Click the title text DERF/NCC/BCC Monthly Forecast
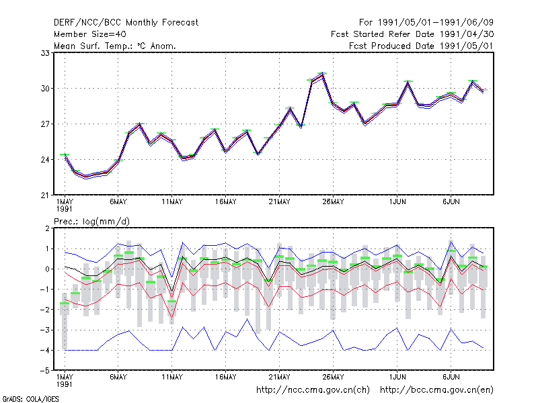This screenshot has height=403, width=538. click(126, 23)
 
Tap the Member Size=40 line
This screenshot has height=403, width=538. click(90, 34)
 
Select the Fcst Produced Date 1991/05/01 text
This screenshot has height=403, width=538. click(421, 46)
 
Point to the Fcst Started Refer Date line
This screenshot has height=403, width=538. click(412, 34)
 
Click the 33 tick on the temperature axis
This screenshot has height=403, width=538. click(45, 53)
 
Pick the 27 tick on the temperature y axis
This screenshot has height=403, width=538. click(45, 124)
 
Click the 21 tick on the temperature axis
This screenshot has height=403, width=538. click(45, 195)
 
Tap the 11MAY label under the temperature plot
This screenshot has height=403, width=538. click(172, 202)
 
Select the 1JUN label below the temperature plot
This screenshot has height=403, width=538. click(397, 202)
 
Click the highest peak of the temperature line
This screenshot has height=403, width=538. click(322, 74)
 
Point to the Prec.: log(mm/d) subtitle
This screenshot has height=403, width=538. click(91, 222)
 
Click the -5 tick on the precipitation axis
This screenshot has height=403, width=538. click(45, 371)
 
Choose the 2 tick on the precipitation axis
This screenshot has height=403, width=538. click(47, 228)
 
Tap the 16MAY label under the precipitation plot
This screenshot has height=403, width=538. click(225, 377)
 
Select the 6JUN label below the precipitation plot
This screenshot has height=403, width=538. click(451, 377)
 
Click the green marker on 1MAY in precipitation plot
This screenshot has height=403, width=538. click(65, 304)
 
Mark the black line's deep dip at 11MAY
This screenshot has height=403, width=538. click(172, 292)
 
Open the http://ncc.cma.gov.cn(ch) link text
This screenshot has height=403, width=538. click(313, 390)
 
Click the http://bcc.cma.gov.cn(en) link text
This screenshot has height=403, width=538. click(436, 390)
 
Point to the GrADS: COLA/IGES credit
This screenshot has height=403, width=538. click(30, 399)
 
